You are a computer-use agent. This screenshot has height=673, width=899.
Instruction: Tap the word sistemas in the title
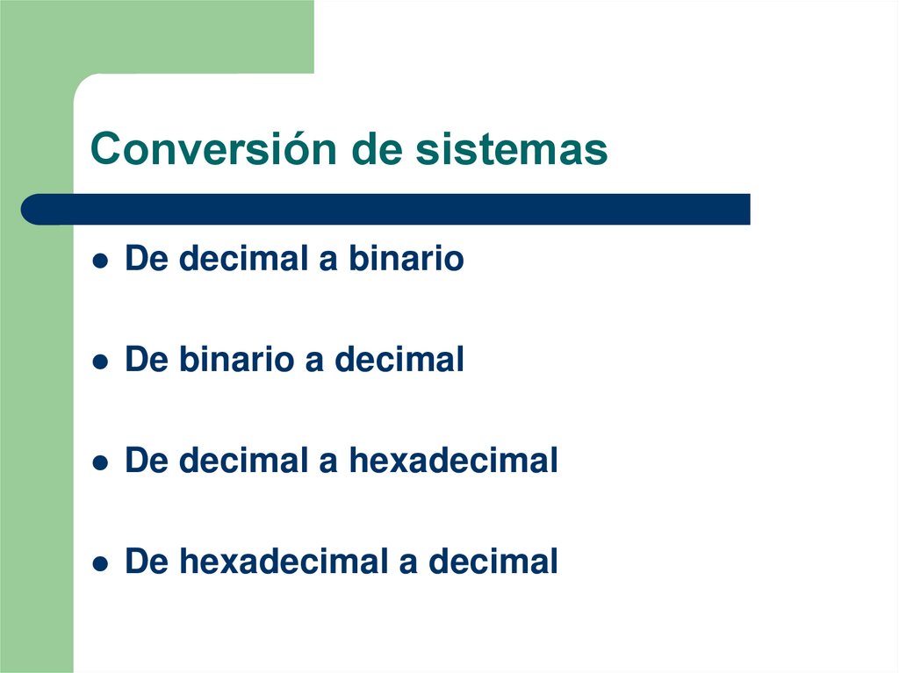[511, 150]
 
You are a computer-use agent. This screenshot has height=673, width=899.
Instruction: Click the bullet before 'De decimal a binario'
[102, 261]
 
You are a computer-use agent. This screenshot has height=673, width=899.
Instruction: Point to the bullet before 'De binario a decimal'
[102, 362]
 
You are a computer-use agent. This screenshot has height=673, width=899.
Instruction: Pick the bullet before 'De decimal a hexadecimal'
[102, 462]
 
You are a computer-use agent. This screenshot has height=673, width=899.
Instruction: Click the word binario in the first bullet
[406, 259]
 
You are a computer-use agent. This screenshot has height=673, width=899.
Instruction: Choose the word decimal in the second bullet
[399, 360]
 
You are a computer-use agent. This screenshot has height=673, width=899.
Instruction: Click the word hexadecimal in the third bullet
[454, 461]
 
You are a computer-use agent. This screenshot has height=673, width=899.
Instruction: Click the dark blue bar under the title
[386, 209]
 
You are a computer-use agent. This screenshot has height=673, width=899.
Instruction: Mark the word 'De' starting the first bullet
[146, 259]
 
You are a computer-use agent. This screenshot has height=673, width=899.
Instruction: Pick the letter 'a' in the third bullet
[328, 462]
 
